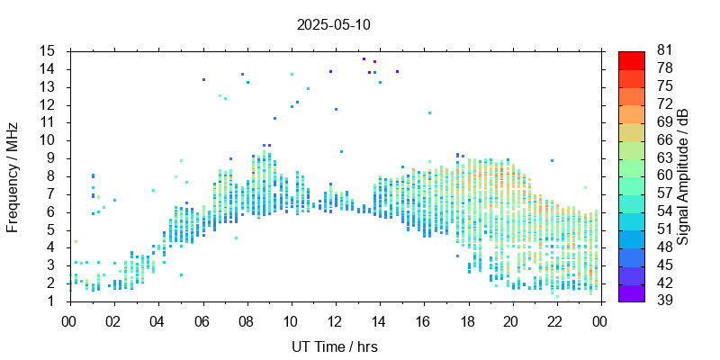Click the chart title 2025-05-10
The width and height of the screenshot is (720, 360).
click(x=333, y=24)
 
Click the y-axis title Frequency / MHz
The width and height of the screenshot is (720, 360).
click(x=13, y=176)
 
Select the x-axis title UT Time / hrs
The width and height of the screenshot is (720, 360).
click(x=334, y=346)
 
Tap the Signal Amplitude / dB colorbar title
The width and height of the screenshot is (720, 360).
click(x=683, y=176)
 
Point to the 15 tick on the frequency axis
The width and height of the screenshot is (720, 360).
click(x=48, y=50)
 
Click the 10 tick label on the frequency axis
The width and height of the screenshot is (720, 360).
click(x=48, y=140)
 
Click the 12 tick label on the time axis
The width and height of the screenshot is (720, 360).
click(x=334, y=319)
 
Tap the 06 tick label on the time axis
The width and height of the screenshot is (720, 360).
click(x=202, y=319)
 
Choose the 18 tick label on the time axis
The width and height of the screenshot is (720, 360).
click(x=466, y=319)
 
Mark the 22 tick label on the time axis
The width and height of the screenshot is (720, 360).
click(x=555, y=319)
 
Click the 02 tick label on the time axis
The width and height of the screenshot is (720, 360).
click(x=113, y=319)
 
